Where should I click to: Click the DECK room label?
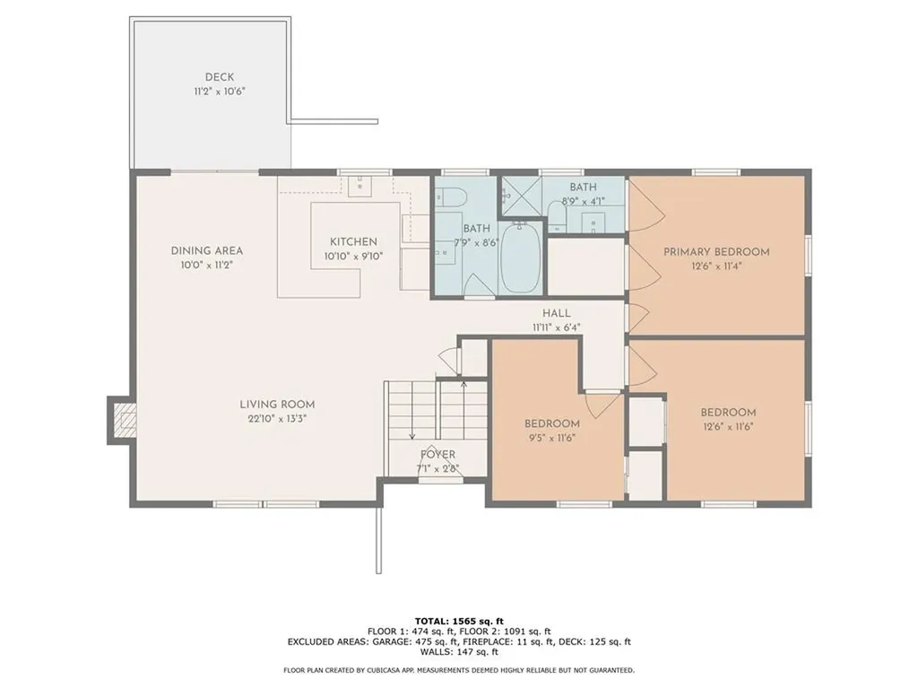coord(220,77)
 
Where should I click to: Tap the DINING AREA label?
coord(207,250)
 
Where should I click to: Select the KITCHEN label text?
coord(353,242)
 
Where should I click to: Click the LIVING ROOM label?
coord(277,405)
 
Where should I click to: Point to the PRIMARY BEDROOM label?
coord(716,252)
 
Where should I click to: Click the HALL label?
coord(557,313)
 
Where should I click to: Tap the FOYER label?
coord(438,455)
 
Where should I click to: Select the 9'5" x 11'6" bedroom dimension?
coord(551,438)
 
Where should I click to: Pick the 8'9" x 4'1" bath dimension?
coord(583,201)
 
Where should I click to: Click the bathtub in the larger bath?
coord(520,258)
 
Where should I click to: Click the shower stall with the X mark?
coord(516,195)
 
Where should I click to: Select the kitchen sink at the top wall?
coord(361,184)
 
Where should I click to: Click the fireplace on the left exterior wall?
coord(121,419)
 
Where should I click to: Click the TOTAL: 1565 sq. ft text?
coord(459,621)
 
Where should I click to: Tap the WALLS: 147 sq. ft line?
coord(459,653)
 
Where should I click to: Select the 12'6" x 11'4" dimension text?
coord(716,266)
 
